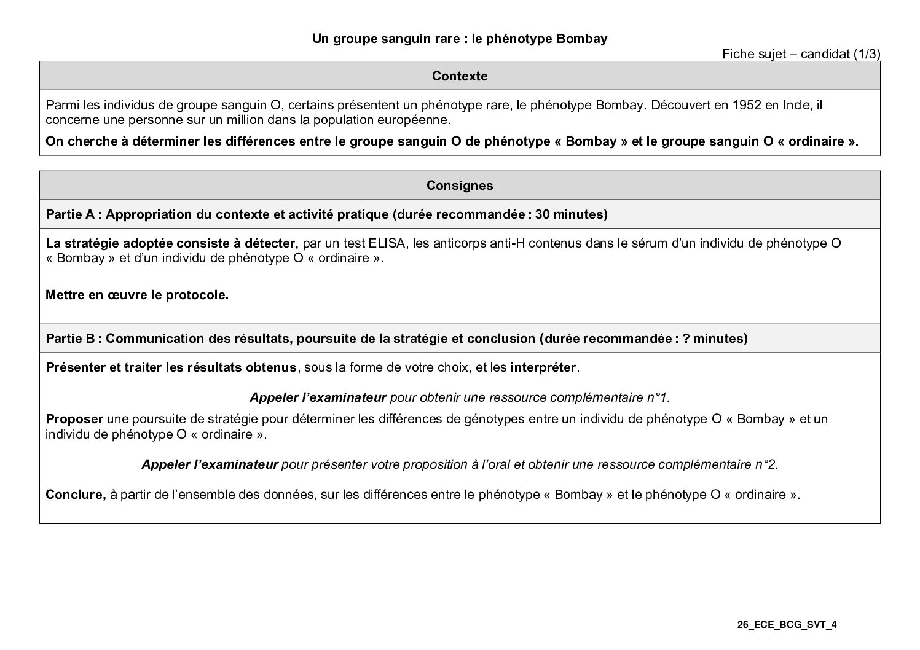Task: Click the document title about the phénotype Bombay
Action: point(460,39)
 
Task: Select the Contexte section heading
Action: point(460,76)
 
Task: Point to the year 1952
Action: point(745,105)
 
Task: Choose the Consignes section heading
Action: point(460,186)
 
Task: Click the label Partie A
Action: point(70,214)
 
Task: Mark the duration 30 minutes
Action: point(570,214)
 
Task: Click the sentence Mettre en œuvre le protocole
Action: point(137,295)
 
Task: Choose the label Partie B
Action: point(70,339)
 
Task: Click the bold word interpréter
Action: point(543,368)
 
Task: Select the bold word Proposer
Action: point(74,419)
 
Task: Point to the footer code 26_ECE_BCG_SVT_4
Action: point(787,625)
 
